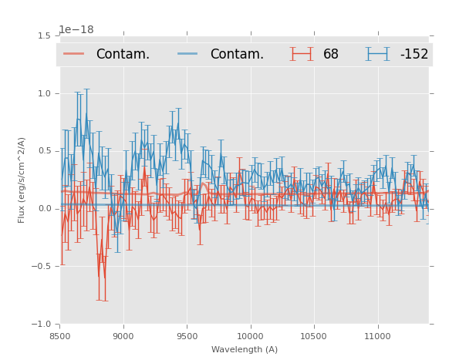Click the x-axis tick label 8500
(x=59, y=337)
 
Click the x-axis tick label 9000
(x=123, y=337)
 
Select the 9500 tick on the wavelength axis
(x=187, y=337)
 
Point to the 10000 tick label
(x=250, y=337)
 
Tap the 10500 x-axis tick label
(x=314, y=337)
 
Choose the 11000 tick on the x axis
(x=377, y=337)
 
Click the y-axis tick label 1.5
(x=45, y=35)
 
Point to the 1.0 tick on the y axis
(x=45, y=93)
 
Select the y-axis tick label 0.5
(x=45, y=151)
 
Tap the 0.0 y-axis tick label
(x=45, y=209)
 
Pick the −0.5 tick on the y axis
(x=42, y=267)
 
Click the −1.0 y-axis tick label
(x=42, y=325)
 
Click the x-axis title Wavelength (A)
(x=245, y=350)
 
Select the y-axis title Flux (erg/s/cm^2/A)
(x=22, y=180)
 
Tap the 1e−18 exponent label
(x=76, y=30)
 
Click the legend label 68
(x=331, y=55)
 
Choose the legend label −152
(x=414, y=55)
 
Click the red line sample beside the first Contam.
(x=74, y=54)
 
